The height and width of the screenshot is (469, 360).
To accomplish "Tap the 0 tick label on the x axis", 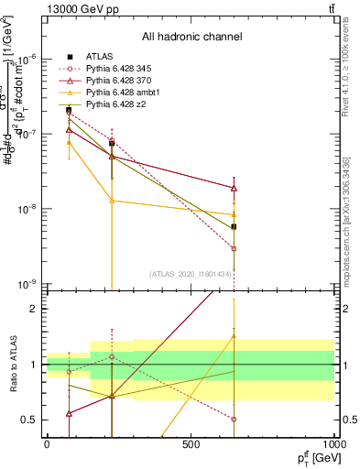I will pyautogui.click(x=47, y=445).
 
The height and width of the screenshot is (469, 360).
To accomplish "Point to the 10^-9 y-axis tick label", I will pyautogui.click(x=27, y=284).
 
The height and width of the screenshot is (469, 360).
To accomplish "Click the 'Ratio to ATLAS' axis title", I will pyautogui.click(x=12, y=365).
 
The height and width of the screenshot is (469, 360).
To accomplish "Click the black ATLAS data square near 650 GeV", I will pyautogui.click(x=235, y=226).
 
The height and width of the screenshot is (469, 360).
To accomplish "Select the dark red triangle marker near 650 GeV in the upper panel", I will pyautogui.click(x=235, y=188).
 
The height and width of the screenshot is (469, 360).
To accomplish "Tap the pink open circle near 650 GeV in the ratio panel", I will pyautogui.click(x=235, y=420).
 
